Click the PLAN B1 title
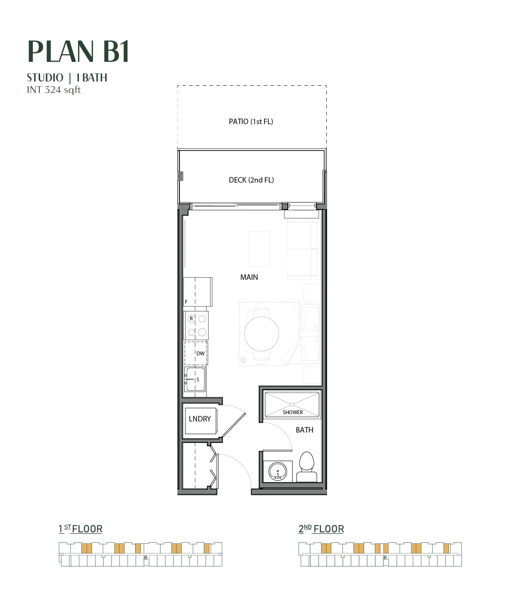[78, 51]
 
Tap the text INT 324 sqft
[54, 90]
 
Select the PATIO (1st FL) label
[251, 122]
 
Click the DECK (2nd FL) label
[251, 180]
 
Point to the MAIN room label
[249, 277]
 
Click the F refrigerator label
[186, 302]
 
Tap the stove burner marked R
[191, 319]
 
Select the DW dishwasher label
[200, 354]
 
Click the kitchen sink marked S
[195, 379]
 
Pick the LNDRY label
[200, 419]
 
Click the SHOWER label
[293, 412]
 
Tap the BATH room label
[304, 430]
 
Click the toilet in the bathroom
[307, 467]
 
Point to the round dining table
[261, 334]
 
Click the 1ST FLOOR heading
[81, 529]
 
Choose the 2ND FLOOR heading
[321, 529]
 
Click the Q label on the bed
[243, 360]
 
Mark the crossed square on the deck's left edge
[180, 176]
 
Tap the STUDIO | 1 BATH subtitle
[67, 78]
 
